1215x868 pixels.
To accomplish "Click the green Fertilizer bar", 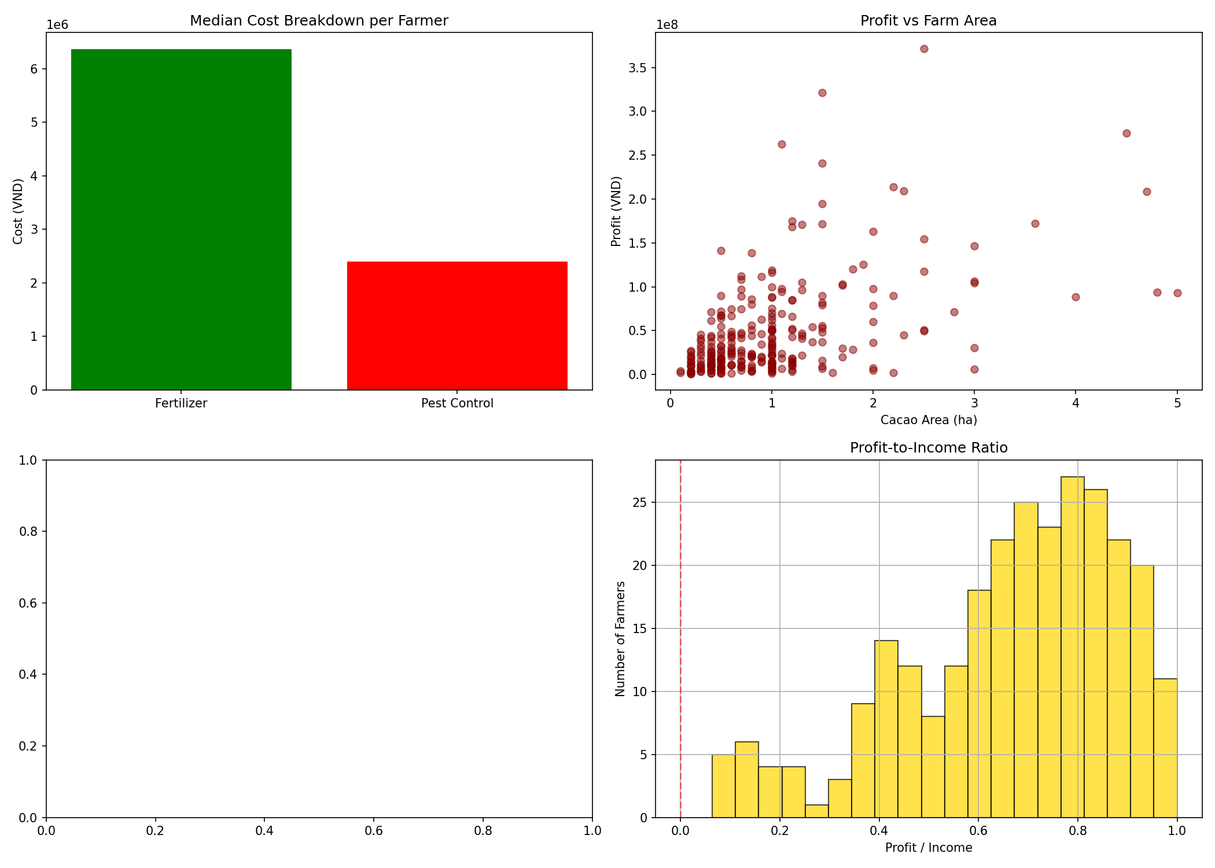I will click(x=181, y=220).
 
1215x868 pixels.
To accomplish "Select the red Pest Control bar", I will click(x=457, y=326).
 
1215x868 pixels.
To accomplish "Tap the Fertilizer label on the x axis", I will click(x=181, y=403).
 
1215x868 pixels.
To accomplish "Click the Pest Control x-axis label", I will click(x=457, y=403).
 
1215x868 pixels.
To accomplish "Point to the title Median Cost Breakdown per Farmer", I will click(x=319, y=21).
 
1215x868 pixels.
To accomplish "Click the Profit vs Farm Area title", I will click(x=928, y=21).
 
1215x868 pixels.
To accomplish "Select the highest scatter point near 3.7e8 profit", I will click(x=924, y=49).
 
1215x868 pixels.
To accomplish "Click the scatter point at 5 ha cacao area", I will click(x=1177, y=293).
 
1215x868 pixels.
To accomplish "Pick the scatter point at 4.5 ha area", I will click(x=1126, y=133).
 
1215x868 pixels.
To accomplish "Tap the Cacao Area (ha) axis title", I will click(x=928, y=420).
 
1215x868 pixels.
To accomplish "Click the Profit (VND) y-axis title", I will click(x=616, y=211).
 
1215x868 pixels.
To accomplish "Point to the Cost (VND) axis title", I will click(x=18, y=211).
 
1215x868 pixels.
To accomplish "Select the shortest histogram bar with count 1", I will click(x=816, y=811).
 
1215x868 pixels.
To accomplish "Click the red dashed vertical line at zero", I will click(x=680, y=637).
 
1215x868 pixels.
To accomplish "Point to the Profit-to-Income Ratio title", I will click(x=928, y=448).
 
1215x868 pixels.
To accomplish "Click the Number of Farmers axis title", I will click(x=620, y=639).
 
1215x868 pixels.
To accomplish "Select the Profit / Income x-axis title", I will click(x=928, y=848).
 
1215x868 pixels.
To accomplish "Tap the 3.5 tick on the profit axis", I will click(x=640, y=68).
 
